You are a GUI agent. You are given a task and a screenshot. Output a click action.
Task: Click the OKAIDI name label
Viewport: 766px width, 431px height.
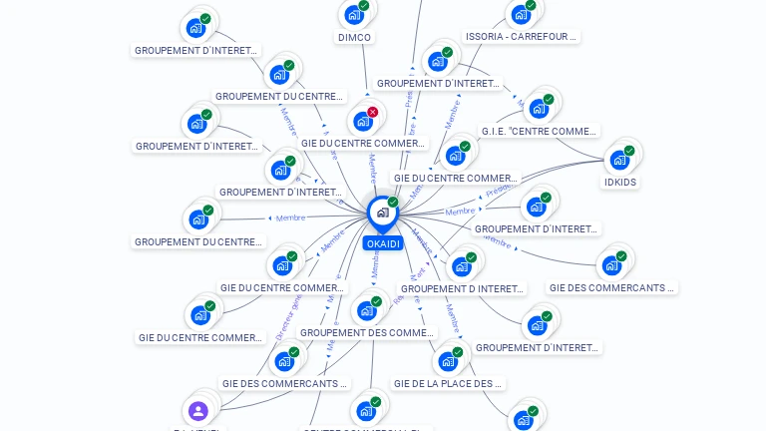383,243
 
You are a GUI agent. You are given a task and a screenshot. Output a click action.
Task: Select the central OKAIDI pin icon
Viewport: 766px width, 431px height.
382,213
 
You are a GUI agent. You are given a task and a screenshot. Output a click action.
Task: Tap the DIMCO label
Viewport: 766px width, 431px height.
355,38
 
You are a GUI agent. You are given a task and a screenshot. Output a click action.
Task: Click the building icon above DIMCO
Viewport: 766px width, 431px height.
354,14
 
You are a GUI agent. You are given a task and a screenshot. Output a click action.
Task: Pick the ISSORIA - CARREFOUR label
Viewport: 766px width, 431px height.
521,37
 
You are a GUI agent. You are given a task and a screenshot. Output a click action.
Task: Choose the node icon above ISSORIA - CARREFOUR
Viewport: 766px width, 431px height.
520,14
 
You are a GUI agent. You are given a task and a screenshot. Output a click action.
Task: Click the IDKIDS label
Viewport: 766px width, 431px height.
619,183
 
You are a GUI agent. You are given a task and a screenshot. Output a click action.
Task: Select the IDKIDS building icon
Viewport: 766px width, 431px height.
619,159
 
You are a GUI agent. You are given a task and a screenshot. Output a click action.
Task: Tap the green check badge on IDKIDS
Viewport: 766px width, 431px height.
629,151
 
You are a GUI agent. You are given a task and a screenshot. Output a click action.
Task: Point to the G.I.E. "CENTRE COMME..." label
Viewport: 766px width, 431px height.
539,132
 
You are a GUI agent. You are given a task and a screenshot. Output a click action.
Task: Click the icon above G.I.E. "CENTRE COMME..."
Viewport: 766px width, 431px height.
539,108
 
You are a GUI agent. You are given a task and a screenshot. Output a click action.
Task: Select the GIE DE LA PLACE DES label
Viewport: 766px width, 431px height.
448,383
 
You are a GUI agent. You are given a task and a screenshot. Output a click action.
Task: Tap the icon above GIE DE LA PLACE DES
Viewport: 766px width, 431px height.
447,360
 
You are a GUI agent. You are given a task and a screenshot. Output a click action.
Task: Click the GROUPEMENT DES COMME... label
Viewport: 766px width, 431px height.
367,333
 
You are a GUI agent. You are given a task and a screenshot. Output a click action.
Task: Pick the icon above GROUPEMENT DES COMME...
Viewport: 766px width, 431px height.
366,309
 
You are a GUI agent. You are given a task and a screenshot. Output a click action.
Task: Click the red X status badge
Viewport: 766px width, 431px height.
372,113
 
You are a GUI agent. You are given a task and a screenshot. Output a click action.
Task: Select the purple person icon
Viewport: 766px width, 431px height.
197,410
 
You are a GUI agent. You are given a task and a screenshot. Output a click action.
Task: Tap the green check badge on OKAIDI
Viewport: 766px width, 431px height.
393,203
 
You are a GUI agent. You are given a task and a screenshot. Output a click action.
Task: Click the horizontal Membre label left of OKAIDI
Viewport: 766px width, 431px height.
290,217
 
